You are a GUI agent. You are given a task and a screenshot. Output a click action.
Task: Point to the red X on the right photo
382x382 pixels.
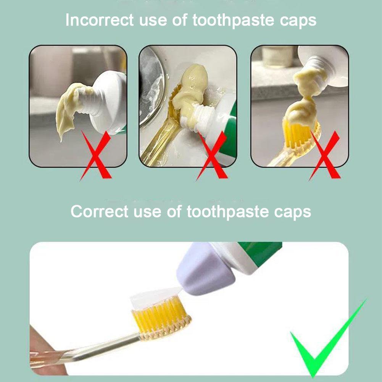tap(325, 155)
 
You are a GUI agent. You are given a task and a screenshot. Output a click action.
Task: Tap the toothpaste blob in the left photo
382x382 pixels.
tap(69, 111)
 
